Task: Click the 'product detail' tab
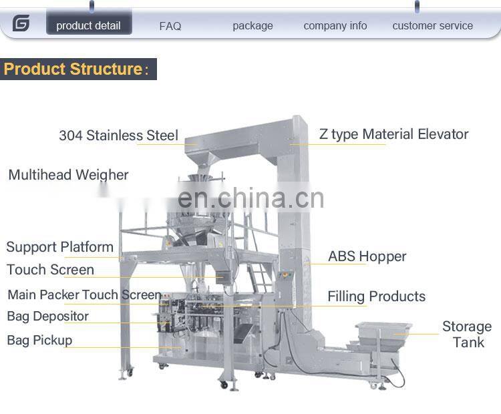(x=88, y=25)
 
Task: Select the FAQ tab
(x=170, y=26)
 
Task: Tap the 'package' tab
(x=253, y=26)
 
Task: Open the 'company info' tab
(x=335, y=26)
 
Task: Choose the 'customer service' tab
(x=432, y=26)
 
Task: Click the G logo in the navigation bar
(x=21, y=24)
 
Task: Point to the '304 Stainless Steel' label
(x=118, y=136)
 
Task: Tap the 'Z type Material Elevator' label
(x=393, y=134)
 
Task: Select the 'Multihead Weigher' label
(x=68, y=175)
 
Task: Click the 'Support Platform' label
(x=60, y=247)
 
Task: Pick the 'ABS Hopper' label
(x=367, y=256)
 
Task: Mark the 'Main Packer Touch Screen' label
(x=84, y=294)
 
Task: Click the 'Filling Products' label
(x=376, y=296)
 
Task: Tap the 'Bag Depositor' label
(x=47, y=317)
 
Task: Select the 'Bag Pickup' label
(x=39, y=340)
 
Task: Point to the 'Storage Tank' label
(x=466, y=334)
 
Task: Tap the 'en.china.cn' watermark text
(x=251, y=198)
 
